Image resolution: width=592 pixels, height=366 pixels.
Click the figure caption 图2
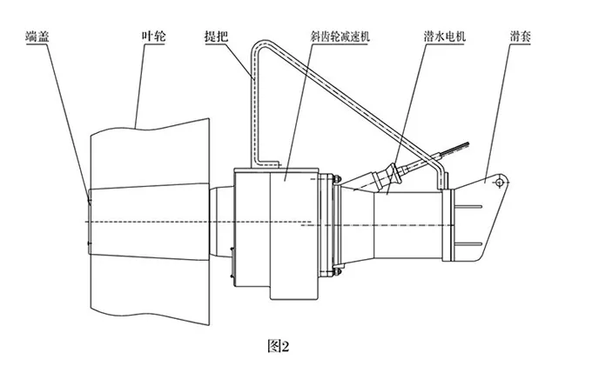coord(278,345)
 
